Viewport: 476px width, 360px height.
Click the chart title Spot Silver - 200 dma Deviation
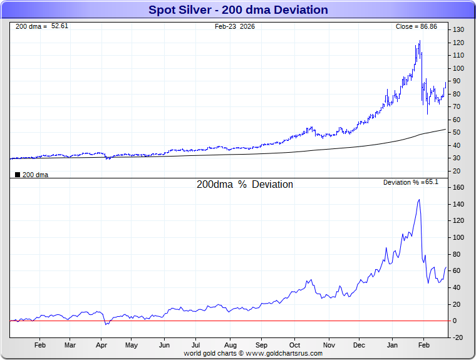(x=238, y=10)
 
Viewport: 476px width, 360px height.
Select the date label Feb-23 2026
(x=235, y=26)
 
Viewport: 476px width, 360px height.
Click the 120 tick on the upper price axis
(x=459, y=43)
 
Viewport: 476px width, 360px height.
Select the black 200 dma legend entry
(x=31, y=175)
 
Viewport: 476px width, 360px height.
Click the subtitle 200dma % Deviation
(x=245, y=185)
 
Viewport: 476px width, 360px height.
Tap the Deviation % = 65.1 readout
(x=411, y=182)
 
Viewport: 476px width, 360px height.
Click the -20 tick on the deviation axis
(x=458, y=337)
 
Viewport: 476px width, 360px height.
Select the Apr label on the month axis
(x=101, y=345)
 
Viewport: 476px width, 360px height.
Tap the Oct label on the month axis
(x=295, y=345)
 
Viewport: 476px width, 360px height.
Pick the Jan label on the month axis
(x=393, y=345)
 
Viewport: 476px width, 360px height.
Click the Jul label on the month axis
(x=196, y=345)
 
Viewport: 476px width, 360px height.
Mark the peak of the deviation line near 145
(x=418, y=200)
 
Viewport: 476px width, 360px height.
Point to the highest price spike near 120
(x=420, y=41)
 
